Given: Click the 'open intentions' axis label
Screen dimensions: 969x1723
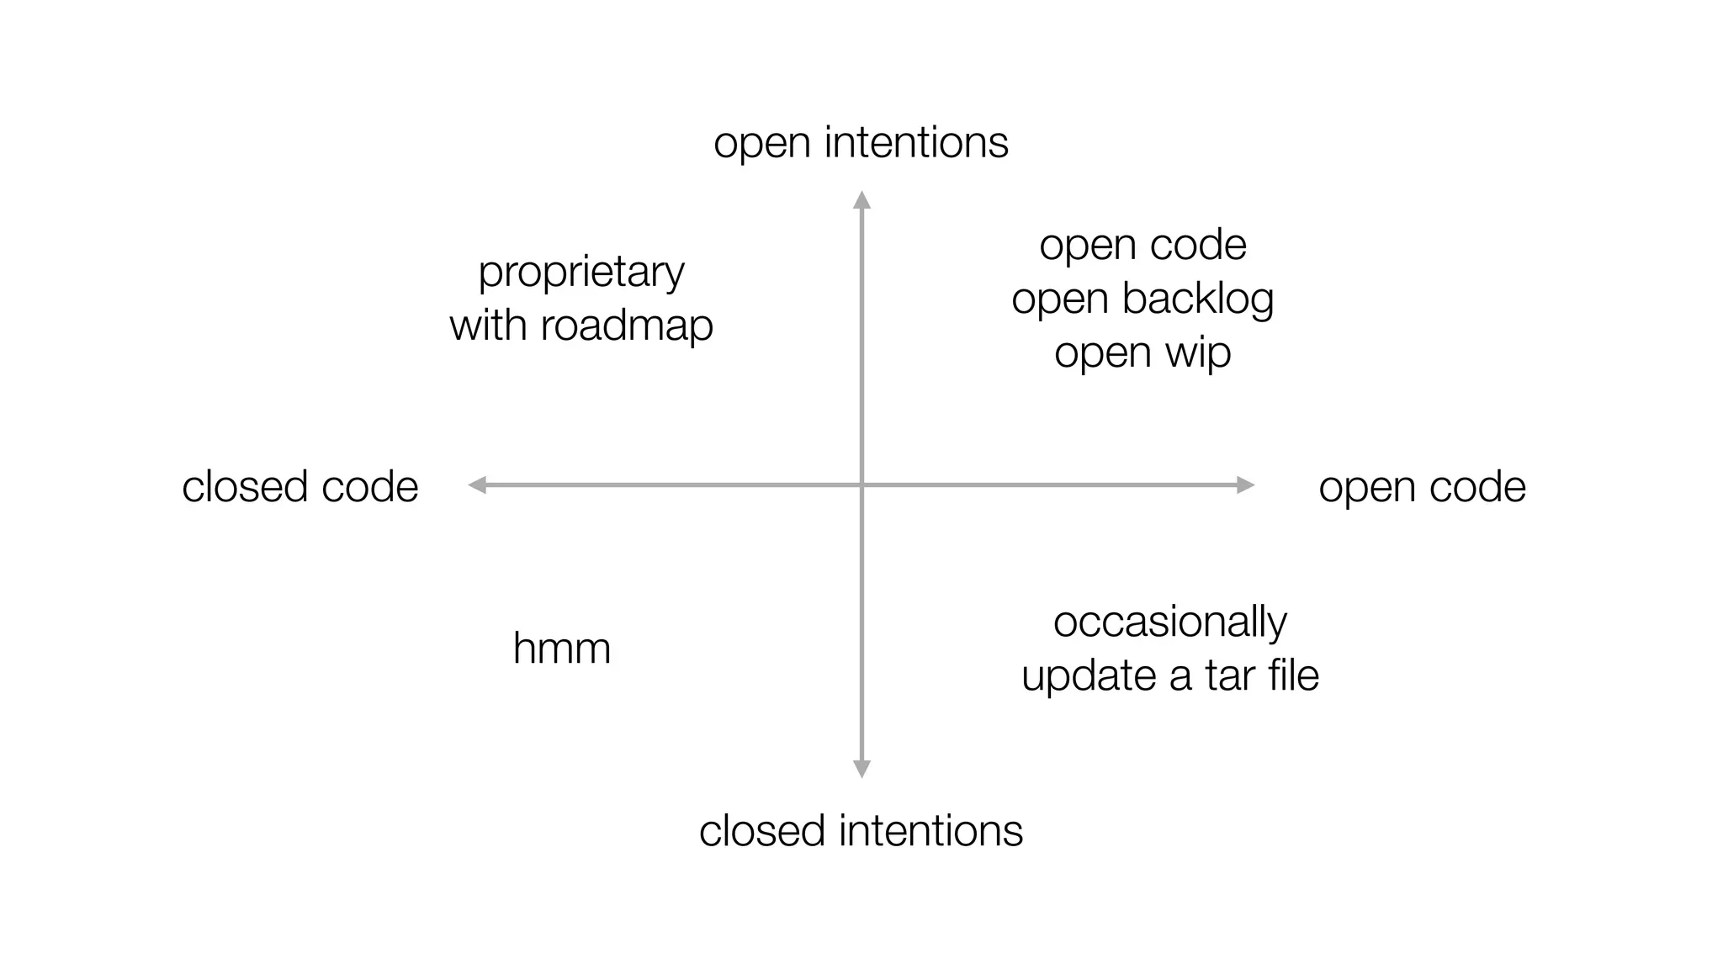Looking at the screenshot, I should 861,143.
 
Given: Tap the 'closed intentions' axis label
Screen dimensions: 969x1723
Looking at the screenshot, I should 861,831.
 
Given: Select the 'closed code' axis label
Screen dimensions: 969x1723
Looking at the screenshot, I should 300,487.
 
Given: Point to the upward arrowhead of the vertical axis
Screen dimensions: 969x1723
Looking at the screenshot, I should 861,199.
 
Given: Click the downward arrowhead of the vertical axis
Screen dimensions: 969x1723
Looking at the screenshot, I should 861,769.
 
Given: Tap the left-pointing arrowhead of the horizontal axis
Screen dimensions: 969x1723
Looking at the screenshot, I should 477,484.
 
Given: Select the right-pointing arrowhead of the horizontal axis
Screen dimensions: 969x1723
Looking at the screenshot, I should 1246,484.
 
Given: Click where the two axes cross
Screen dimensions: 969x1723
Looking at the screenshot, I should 861,484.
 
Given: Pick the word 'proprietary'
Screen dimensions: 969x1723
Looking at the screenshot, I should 581,273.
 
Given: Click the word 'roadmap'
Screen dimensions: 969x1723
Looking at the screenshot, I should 627,326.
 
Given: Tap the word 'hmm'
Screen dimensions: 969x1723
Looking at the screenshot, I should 561,649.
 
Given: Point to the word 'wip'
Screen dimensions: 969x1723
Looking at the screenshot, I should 1198,352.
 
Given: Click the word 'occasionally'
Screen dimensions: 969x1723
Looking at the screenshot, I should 1169,622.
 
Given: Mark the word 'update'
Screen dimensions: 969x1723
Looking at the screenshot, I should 1088,676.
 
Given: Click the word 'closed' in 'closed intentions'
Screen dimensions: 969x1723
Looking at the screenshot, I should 762,831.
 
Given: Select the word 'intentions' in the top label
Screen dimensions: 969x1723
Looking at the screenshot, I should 916,143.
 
